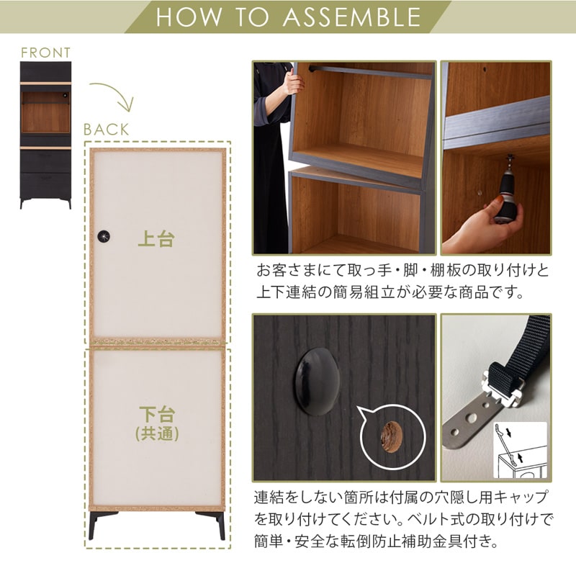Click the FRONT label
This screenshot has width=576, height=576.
(45, 53)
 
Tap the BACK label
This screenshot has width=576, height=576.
(106, 130)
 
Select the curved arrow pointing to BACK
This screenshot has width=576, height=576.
(114, 97)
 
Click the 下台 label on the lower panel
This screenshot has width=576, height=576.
(156, 415)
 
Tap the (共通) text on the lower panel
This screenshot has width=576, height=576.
(156, 435)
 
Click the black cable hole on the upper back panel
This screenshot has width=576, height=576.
(106, 236)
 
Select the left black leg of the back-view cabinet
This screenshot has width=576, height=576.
(97, 524)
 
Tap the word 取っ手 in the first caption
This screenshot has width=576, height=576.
(363, 271)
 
